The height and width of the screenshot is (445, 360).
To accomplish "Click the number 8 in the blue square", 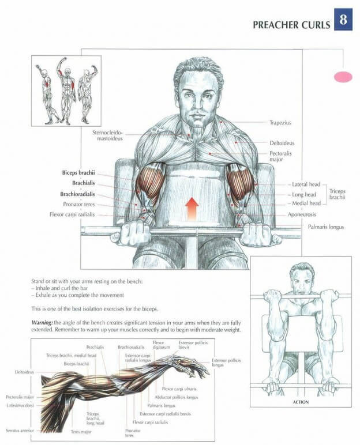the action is (x=343, y=20).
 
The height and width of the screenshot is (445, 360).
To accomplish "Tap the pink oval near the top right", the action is (x=343, y=77).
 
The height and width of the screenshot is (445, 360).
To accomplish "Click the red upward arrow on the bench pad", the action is (x=192, y=209).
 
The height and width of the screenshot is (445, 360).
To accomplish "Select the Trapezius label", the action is (x=280, y=123).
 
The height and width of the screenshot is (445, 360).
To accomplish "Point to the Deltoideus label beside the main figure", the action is (x=282, y=143).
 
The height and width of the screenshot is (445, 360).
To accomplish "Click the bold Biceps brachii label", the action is (x=78, y=172).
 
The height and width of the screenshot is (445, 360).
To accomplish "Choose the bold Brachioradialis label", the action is (x=77, y=194).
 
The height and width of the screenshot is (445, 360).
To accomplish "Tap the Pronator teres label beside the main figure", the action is (x=79, y=204).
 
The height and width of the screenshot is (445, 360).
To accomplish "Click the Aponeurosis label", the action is (x=302, y=214).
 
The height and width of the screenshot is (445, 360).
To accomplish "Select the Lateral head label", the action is (x=306, y=184).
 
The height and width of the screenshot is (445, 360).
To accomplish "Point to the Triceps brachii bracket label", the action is (x=337, y=194).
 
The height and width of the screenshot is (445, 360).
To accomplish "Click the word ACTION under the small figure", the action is (x=301, y=402).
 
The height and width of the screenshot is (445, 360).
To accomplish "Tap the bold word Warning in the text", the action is (x=42, y=323).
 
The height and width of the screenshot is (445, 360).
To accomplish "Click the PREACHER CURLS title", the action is (x=291, y=25).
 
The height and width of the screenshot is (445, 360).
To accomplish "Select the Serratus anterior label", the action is (x=20, y=431).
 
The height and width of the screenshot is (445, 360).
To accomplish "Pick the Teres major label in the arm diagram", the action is (x=81, y=432).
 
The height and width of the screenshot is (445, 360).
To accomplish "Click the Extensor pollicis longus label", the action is (x=226, y=363).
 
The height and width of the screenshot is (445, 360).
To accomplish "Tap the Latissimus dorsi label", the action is (x=20, y=405).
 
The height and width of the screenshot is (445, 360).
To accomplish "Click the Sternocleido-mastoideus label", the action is (x=108, y=135).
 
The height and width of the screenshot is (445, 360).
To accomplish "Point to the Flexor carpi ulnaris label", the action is (x=179, y=389).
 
